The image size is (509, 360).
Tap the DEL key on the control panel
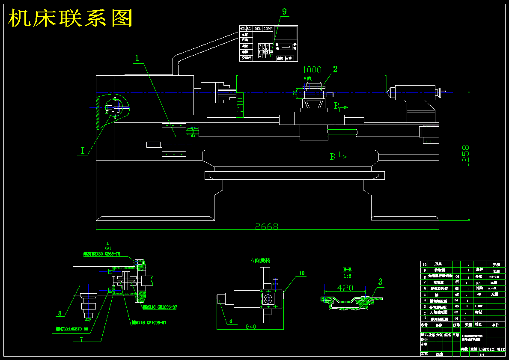click(258, 29)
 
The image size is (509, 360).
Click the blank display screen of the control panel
click(286, 34)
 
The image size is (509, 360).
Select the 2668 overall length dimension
click(267, 226)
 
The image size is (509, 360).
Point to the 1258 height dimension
click(466, 155)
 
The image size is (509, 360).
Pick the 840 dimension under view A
click(250, 327)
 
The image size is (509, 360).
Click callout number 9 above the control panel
click(284, 12)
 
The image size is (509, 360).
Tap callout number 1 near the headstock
click(137, 58)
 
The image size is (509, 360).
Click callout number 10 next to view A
click(302, 273)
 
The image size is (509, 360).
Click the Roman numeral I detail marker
click(83, 150)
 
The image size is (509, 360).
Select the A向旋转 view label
click(260, 260)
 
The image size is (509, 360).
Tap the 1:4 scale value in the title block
click(482, 354)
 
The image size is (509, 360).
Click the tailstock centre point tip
click(388, 91)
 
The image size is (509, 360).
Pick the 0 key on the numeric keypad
click(260, 56)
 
